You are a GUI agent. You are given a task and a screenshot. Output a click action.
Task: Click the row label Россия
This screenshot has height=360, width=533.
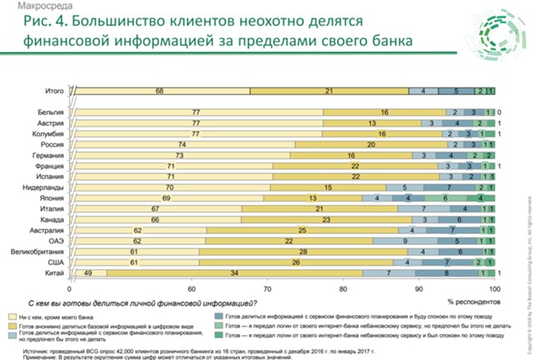coord(54,143)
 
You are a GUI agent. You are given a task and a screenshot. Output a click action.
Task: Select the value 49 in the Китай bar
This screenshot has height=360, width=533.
coord(88,272)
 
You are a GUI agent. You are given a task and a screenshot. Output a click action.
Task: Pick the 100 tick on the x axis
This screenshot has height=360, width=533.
coord(495,287)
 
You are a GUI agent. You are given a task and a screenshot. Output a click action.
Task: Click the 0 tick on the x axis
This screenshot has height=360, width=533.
coord(73,287)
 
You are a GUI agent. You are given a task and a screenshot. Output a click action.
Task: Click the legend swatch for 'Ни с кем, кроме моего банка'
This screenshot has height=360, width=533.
coord(17,317)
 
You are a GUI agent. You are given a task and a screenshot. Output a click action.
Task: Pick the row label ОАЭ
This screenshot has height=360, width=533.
coord(58,239)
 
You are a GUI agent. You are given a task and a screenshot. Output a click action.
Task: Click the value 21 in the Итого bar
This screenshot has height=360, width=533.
coord(330,89)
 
